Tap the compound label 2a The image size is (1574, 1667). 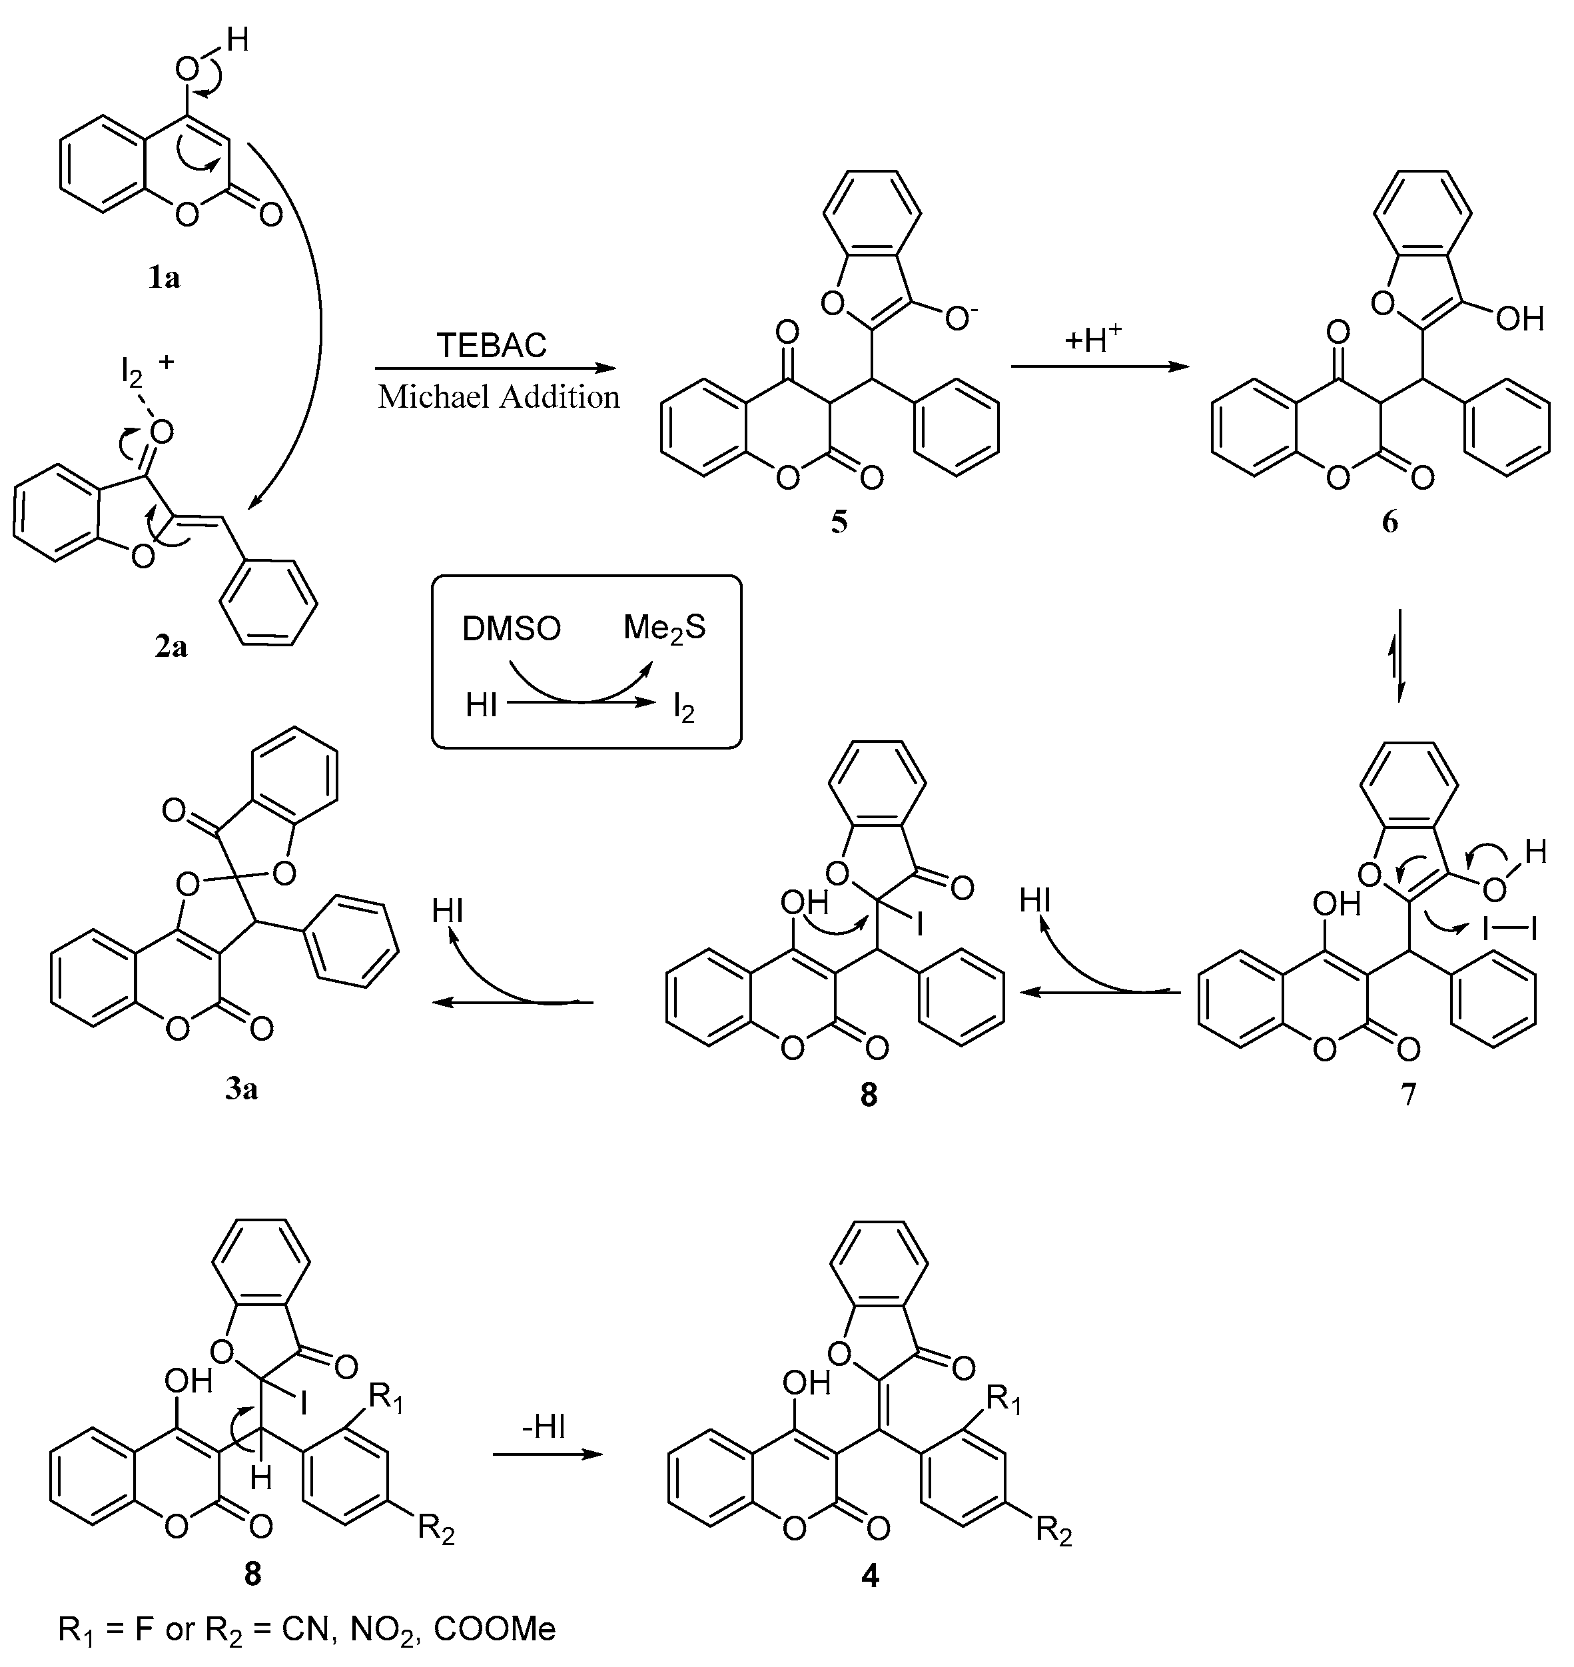click(x=171, y=646)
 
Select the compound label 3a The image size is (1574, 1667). click(x=241, y=1089)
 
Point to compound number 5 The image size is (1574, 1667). click(x=839, y=522)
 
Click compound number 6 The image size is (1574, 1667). click(x=1390, y=522)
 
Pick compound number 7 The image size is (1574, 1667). click(x=1409, y=1094)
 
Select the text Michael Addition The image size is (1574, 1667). click(x=498, y=397)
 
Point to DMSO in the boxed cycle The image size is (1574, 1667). click(x=512, y=629)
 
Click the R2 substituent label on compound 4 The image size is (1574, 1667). click(x=1054, y=1532)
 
